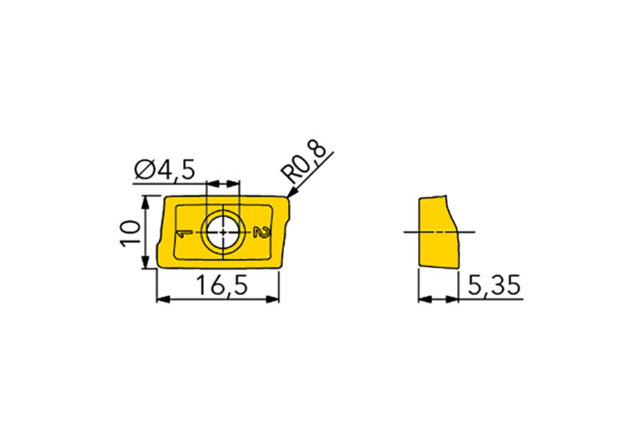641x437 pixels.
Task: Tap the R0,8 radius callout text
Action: (303, 163)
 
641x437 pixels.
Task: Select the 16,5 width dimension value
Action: (222, 285)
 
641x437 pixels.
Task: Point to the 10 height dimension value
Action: (131, 232)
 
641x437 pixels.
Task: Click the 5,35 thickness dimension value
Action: (494, 285)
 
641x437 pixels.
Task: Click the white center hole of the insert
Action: (223, 232)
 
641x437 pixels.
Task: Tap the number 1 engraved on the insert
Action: (184, 233)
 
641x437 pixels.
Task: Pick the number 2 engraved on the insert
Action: (262, 231)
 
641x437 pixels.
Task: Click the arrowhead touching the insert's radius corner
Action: (293, 192)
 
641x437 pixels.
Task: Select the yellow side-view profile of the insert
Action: (438, 232)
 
